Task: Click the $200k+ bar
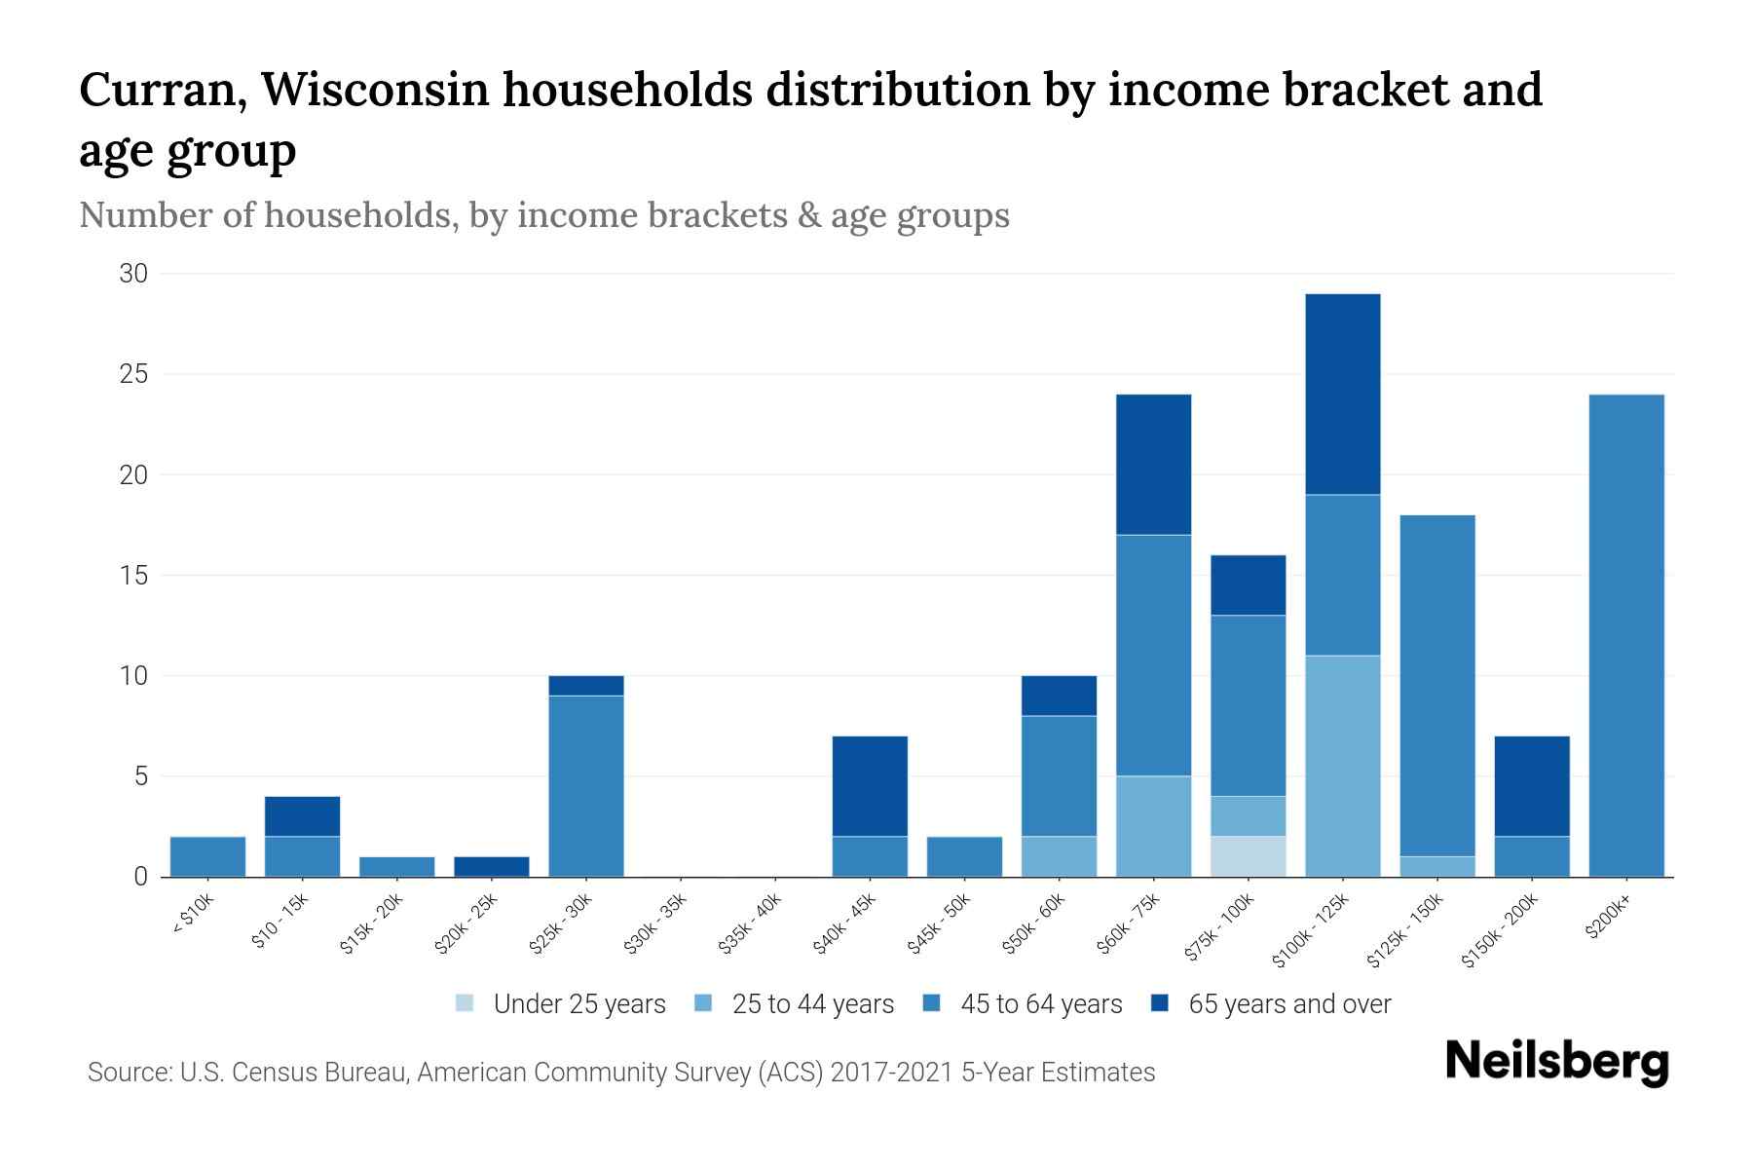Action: point(1625,635)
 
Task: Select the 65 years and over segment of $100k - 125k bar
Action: point(1342,394)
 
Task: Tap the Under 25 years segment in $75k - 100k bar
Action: point(1248,856)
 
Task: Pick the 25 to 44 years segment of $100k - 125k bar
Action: point(1342,766)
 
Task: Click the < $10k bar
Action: point(207,856)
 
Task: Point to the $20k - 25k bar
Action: point(491,866)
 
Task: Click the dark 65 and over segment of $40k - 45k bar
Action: point(869,785)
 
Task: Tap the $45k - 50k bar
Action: point(964,856)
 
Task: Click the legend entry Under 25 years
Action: point(561,1004)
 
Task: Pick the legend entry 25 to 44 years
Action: point(795,1004)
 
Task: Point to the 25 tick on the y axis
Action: point(133,374)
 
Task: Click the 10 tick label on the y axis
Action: point(133,676)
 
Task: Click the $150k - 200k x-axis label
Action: point(1500,931)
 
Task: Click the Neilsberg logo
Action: point(1556,1062)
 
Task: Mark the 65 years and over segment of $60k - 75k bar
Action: point(1153,464)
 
